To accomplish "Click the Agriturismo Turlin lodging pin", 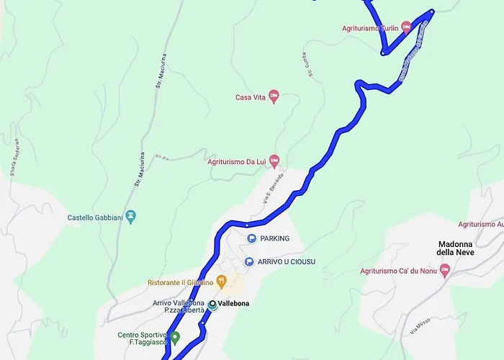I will coord(405,28).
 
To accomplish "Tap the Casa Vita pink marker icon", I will coord(274,97).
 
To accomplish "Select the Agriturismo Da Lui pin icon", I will coord(274,162).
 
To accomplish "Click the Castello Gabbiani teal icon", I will coord(130,216).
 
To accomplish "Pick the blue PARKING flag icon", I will coord(251,238).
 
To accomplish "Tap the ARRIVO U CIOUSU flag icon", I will coord(249,261).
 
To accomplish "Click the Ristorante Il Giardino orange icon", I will coord(221,282).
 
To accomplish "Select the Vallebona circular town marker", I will coord(212,305).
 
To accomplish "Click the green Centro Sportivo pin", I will coord(175,337).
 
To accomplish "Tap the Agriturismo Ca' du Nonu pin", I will coord(444,271).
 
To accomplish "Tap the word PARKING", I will coord(275,238).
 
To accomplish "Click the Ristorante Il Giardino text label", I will coord(181,282).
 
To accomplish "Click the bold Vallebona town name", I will coord(234,304).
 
